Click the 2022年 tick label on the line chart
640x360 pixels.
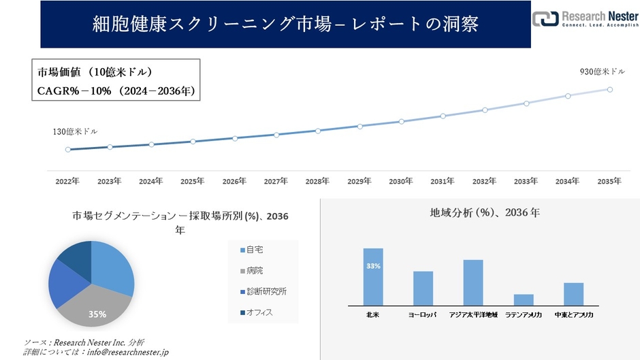[67, 181]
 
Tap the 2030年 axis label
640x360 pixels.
[401, 181]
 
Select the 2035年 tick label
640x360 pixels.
[609, 181]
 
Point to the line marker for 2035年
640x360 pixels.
[609, 89]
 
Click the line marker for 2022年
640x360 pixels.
[67, 150]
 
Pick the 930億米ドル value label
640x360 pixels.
[603, 71]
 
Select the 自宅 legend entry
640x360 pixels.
[255, 250]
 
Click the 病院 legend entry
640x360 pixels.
[255, 270]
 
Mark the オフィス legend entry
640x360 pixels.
[259, 312]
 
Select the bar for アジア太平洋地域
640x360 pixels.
[473, 282]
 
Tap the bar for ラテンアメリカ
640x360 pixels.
[524, 299]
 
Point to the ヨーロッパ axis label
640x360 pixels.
[423, 315]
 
